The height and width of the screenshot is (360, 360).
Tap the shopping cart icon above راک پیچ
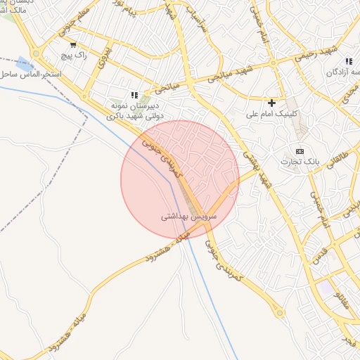(x=73, y=44)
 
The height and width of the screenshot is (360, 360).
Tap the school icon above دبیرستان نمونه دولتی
(x=134, y=95)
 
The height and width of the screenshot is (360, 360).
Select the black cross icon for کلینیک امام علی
(x=272, y=103)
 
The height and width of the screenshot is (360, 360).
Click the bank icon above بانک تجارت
(x=300, y=151)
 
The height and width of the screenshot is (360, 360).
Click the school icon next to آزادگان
(x=349, y=62)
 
